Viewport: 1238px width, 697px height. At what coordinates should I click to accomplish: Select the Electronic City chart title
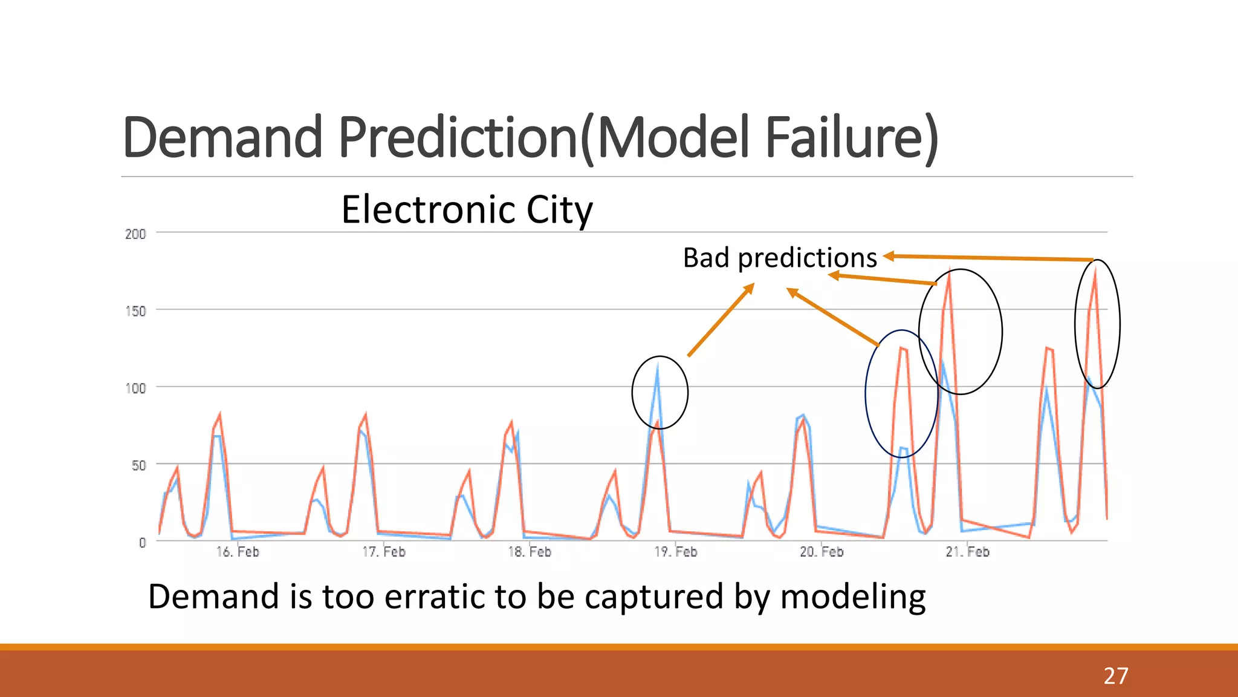[467, 210]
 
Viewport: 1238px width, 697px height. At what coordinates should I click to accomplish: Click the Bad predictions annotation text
[780, 258]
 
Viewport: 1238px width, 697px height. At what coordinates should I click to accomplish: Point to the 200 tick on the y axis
[135, 234]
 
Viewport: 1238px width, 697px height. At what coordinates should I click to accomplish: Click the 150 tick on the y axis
[135, 312]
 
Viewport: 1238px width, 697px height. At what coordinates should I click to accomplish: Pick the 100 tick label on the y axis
[135, 388]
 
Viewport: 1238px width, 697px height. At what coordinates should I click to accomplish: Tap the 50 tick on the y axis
[138, 466]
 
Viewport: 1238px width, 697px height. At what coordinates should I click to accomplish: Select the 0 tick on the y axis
[142, 543]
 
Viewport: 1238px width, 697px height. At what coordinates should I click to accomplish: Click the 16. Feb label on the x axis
[238, 552]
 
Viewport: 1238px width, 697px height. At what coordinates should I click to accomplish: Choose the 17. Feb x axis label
[384, 552]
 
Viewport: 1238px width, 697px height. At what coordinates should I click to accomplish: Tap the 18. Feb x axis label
[530, 552]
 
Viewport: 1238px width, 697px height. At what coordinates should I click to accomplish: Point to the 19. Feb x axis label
[676, 552]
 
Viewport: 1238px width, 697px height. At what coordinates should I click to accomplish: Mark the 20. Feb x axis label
[822, 552]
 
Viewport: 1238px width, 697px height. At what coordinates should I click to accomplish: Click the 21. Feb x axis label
[967, 552]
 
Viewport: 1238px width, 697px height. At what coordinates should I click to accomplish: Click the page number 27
[1115, 676]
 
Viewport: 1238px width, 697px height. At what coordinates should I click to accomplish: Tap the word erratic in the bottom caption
[436, 597]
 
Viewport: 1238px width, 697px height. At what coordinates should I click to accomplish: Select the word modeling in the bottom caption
[852, 598]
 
